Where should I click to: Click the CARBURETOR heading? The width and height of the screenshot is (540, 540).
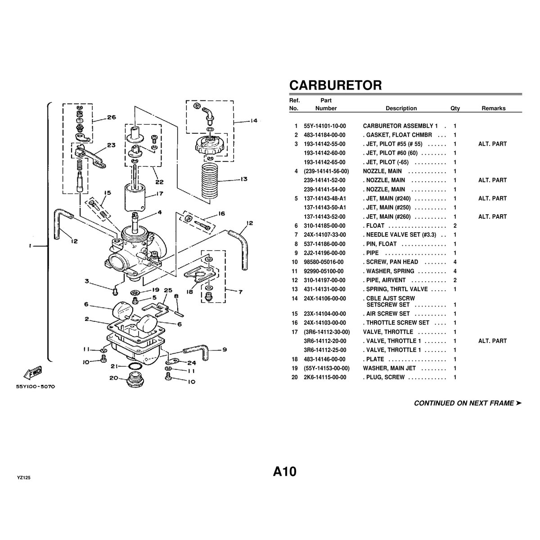tap(335, 85)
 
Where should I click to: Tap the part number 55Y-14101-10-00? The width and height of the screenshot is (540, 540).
tap(325, 126)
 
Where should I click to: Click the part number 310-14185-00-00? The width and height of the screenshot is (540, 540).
tap(325, 226)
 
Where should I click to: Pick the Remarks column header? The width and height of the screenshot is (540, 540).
tap(493, 108)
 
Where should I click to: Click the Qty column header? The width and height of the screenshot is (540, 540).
tap(455, 108)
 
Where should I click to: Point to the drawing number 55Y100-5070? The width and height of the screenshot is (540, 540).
tap(36, 386)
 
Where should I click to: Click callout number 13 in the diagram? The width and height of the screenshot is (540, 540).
tap(243, 179)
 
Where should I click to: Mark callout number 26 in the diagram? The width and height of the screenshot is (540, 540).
tap(112, 117)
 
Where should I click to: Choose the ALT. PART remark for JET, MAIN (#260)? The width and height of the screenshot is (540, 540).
tap(492, 217)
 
